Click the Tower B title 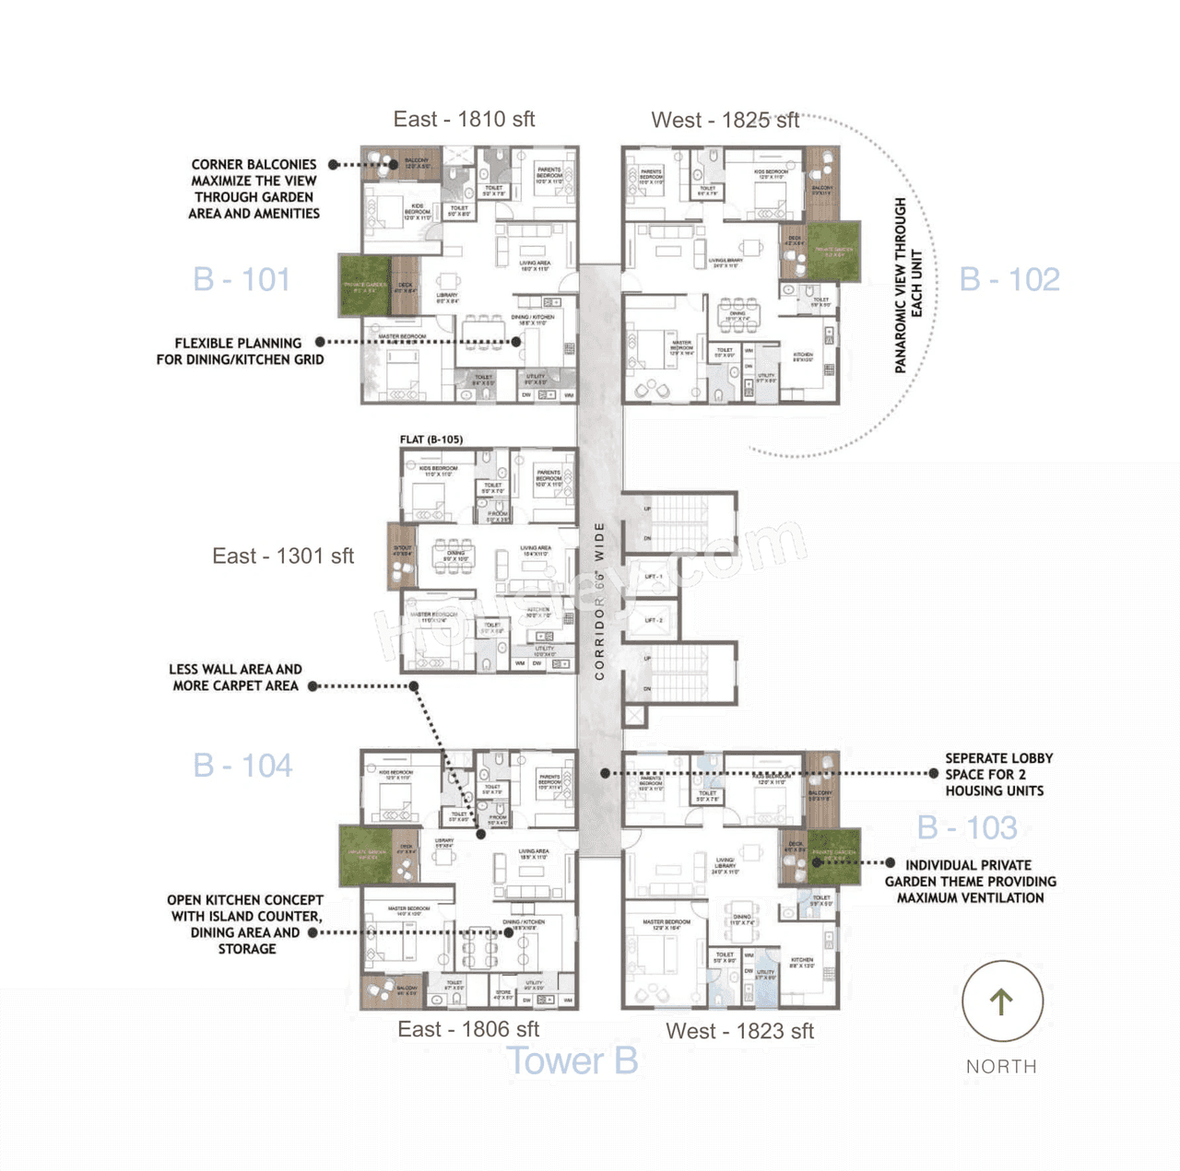click(x=572, y=1061)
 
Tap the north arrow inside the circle click(x=1002, y=1001)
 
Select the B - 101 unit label click(x=242, y=279)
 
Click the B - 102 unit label click(x=1009, y=279)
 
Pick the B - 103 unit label click(x=967, y=827)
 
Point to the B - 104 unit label click(x=242, y=766)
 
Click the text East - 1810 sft click(x=464, y=119)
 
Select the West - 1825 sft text click(x=725, y=120)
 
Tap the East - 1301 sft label click(x=283, y=556)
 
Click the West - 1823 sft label click(x=739, y=1031)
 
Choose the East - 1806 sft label click(x=468, y=1029)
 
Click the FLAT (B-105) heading click(x=431, y=439)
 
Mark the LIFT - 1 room click(x=654, y=577)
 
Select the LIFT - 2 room click(x=654, y=620)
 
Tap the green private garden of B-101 click(x=365, y=286)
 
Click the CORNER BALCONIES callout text click(x=254, y=189)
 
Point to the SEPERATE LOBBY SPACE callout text click(x=997, y=774)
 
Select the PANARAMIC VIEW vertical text click(x=908, y=285)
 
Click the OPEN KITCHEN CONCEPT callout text click(x=245, y=924)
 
